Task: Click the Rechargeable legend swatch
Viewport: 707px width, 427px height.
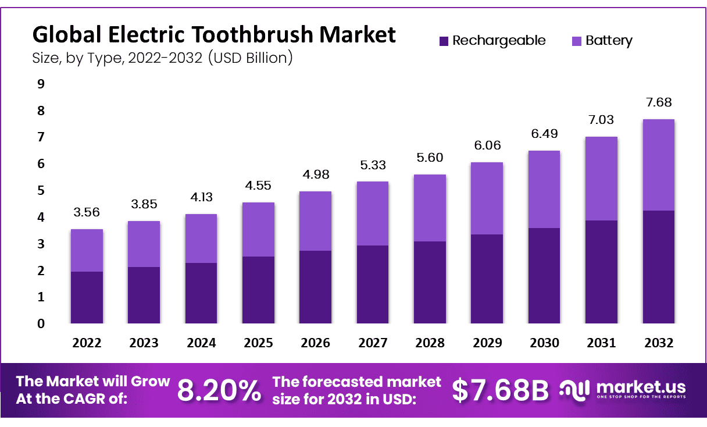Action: [x=444, y=41]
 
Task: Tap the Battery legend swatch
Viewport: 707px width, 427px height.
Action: [x=577, y=41]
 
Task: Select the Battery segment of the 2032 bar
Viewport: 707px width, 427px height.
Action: [x=659, y=165]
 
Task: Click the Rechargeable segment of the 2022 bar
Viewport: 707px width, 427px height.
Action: [x=87, y=297]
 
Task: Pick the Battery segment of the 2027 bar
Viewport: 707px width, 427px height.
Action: [x=373, y=213]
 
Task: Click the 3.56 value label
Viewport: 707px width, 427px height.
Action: [x=87, y=212]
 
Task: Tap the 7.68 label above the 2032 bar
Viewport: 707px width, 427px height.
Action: [x=659, y=102]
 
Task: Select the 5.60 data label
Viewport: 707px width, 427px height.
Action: [x=430, y=158]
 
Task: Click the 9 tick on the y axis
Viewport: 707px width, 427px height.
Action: [x=41, y=84]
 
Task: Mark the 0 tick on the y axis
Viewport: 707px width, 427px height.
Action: [x=41, y=323]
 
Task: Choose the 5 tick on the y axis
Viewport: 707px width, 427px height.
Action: [x=41, y=190]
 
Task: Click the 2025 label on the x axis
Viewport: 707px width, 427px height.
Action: [x=258, y=343]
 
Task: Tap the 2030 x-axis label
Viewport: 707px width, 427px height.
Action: [x=544, y=343]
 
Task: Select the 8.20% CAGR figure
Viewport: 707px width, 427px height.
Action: [x=219, y=391]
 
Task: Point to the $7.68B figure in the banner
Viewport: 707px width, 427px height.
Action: [x=500, y=391]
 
